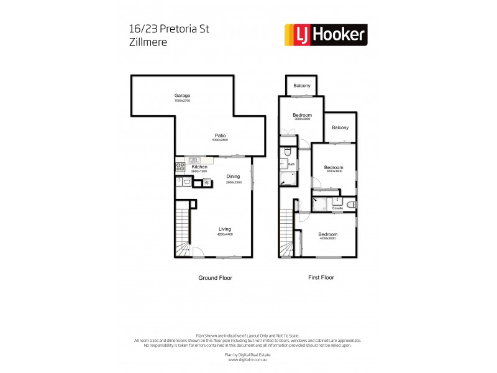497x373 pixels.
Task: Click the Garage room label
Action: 182,95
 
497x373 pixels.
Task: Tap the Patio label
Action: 220,136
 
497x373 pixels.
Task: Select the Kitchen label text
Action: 199,167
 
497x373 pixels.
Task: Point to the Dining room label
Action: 233,176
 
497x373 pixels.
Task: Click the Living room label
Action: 224,229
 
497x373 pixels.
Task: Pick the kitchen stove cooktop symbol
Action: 181,167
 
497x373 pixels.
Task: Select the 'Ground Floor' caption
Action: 215,278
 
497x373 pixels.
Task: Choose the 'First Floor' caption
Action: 321,278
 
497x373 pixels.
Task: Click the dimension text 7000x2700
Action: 182,100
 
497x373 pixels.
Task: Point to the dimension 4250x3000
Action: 327,238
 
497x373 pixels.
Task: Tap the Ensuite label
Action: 337,208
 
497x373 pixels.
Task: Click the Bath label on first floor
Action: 291,164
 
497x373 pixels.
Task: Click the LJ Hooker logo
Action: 325,35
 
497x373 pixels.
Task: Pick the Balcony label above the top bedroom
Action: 303,86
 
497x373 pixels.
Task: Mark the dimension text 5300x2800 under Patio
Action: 220,140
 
